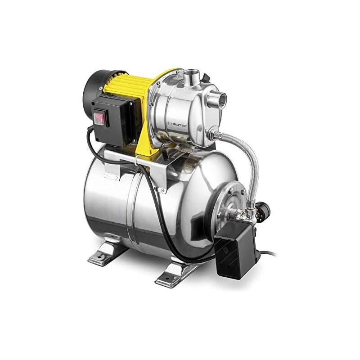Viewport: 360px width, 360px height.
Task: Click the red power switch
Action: [99, 119]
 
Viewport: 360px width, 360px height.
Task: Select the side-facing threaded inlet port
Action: [217, 98]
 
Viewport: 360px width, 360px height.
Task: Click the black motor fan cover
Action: [95, 86]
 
